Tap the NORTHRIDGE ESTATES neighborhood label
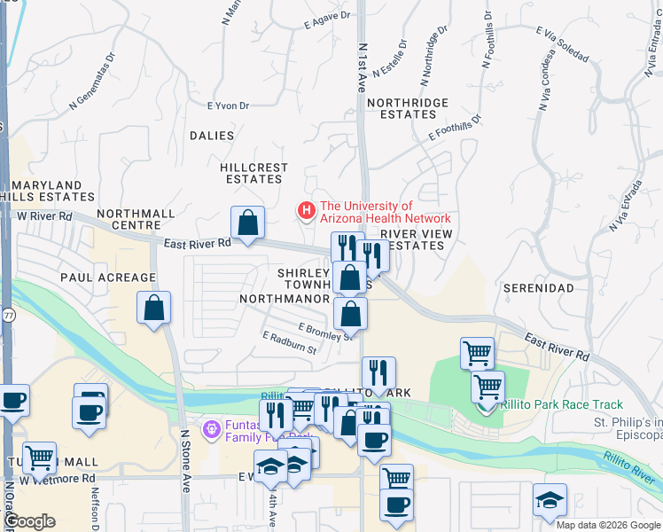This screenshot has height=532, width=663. click(x=408, y=109)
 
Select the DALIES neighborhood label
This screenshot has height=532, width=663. click(x=211, y=136)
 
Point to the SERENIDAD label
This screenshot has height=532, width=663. click(x=533, y=288)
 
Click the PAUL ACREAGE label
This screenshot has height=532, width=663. click(x=108, y=278)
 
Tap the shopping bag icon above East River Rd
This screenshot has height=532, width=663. click(x=248, y=222)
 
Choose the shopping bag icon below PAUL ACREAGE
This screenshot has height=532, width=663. click(x=154, y=308)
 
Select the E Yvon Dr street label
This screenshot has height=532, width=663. click(x=228, y=106)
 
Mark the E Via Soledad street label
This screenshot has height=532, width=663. click(x=562, y=43)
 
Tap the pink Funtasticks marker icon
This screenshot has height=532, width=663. click(x=211, y=431)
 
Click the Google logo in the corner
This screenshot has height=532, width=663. click(x=28, y=521)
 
